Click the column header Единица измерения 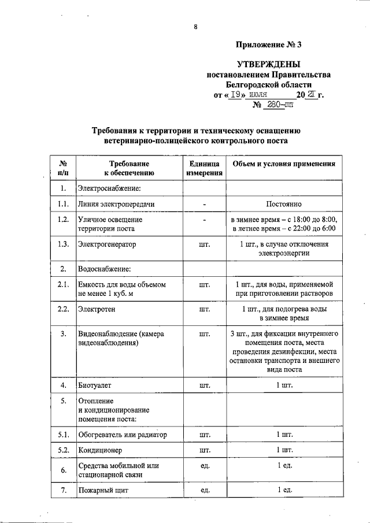(x=203, y=168)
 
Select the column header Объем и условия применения (x=283, y=164)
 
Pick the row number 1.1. (x=64, y=205)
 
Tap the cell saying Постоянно (x=283, y=205)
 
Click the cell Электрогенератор (x=107, y=244)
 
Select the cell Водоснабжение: (x=104, y=269)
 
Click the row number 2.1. (x=64, y=284)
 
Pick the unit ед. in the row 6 (x=203, y=466)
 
